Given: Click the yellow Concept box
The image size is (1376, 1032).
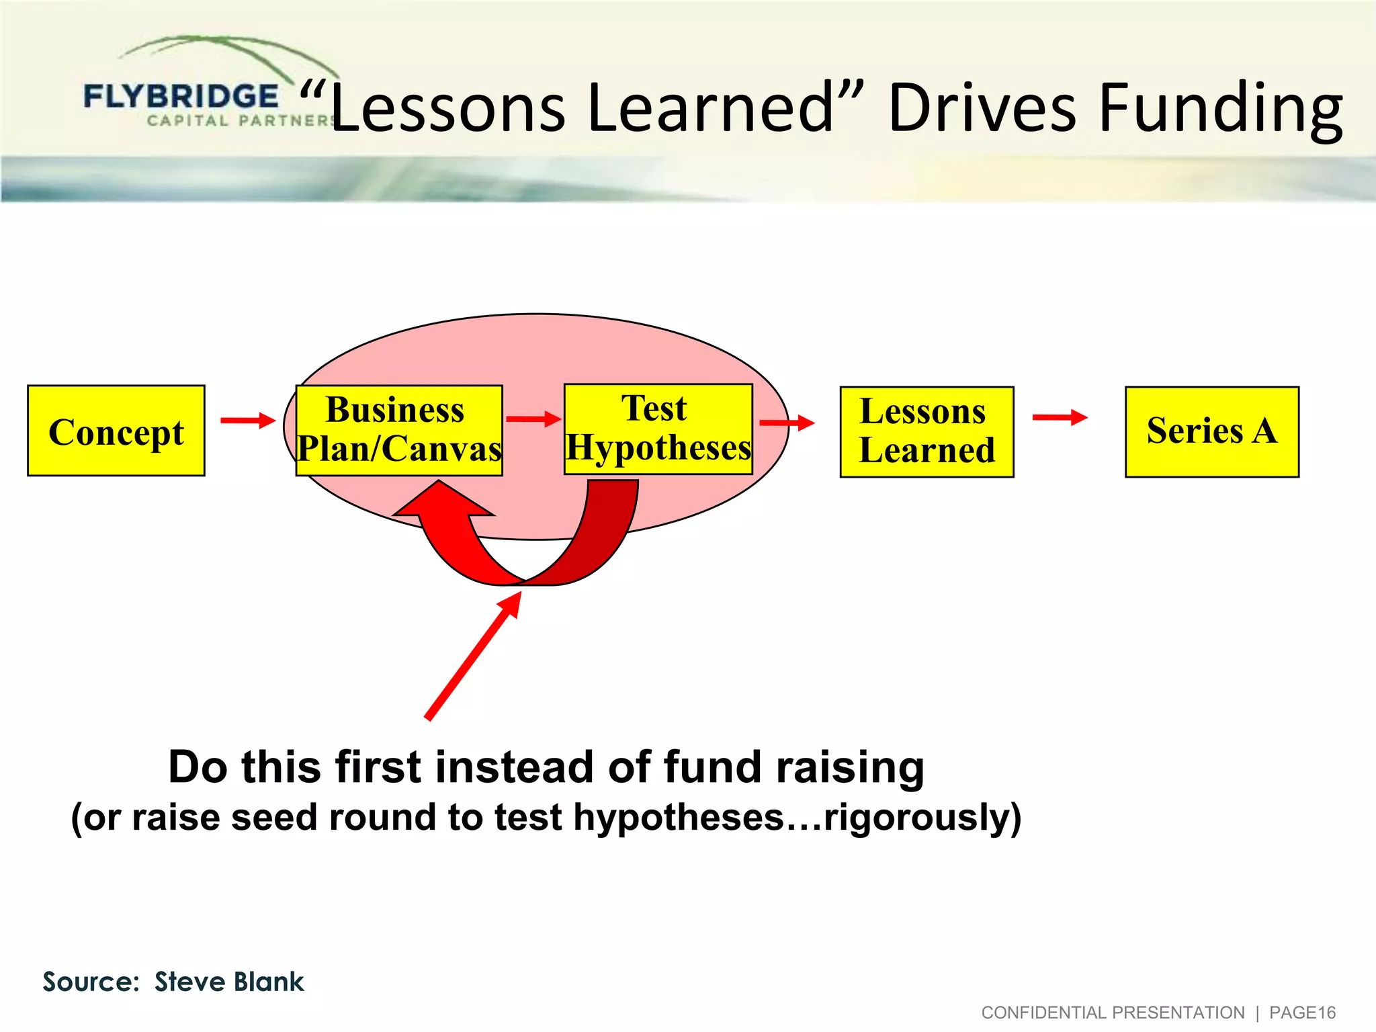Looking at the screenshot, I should point(116,431).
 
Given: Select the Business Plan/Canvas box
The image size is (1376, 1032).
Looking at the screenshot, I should point(399,430).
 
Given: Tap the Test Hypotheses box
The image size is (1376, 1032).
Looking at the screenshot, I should point(658,429).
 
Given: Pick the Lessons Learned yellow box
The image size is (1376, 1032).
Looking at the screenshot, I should point(927,431).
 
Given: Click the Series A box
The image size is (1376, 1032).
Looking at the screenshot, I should point(1211,431).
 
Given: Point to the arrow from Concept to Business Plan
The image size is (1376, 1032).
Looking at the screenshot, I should point(247,421).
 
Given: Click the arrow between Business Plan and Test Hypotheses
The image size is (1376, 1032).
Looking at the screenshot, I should point(533,419).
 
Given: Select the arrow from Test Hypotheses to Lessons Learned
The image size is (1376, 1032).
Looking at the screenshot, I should point(786,423).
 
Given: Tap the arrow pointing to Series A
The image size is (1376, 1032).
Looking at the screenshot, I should point(1059,417).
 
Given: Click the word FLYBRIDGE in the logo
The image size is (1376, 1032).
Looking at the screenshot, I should point(181,97).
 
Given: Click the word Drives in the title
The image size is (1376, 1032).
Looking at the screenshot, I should point(982,108).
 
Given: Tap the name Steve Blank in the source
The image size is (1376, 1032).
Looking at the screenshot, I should point(229,982).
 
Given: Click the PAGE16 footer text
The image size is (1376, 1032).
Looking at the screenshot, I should point(1301,1013).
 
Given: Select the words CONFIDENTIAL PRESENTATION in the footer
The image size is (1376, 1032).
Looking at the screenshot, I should point(1113,1013).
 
